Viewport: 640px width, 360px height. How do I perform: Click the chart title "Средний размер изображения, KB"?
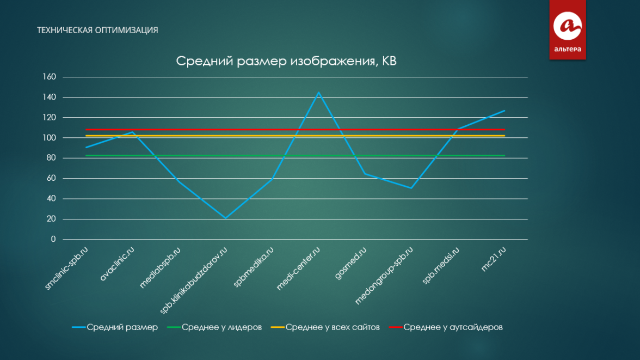coord(286,61)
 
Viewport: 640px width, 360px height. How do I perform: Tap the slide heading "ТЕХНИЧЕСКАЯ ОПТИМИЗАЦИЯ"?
coord(97,30)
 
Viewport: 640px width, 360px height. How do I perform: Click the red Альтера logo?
coord(567,29)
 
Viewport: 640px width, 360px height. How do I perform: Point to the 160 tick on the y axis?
coord(50,77)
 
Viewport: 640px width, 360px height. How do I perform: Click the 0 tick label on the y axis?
coord(53,240)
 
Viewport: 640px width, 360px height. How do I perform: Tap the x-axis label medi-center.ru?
coord(298,269)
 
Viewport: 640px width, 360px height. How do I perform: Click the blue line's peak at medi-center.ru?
coord(318,93)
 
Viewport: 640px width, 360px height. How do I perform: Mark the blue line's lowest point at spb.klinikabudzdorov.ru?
coord(225,218)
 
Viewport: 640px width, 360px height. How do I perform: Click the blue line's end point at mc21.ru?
coord(504,111)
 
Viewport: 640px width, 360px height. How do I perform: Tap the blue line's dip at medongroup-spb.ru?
coord(411,188)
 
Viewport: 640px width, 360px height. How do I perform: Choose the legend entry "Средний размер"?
coord(115,327)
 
